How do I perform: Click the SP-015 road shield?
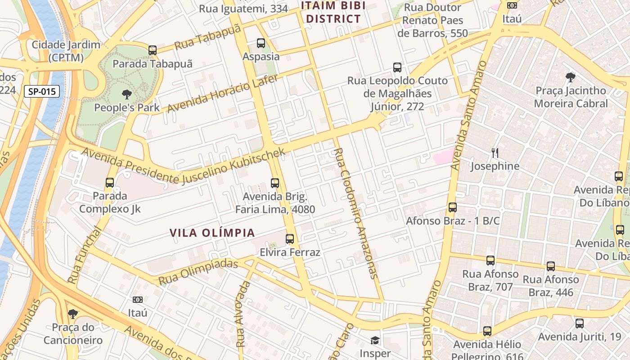pyautogui.click(x=41, y=92)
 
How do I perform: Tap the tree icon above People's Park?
pyautogui.click(x=127, y=94)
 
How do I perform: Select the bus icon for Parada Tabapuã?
pyautogui.click(x=153, y=50)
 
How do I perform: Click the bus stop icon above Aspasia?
pyautogui.click(x=261, y=43)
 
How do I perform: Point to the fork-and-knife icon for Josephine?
pyautogui.click(x=495, y=153)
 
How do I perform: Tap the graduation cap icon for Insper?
pyautogui.click(x=375, y=340)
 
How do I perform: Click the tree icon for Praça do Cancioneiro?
pyautogui.click(x=73, y=314)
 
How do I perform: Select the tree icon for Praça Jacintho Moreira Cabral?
pyautogui.click(x=571, y=77)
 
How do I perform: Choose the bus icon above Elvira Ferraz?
pyautogui.click(x=290, y=239)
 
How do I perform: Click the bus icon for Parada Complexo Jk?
pyautogui.click(x=110, y=183)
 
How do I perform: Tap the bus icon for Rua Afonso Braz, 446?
pyautogui.click(x=551, y=266)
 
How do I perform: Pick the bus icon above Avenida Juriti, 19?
pyautogui.click(x=580, y=323)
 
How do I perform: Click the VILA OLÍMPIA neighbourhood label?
pyautogui.click(x=212, y=233)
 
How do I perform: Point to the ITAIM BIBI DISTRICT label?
pyautogui.click(x=333, y=12)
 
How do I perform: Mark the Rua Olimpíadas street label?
pyautogui.click(x=198, y=272)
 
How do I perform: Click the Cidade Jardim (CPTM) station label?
pyautogui.click(x=66, y=51)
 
